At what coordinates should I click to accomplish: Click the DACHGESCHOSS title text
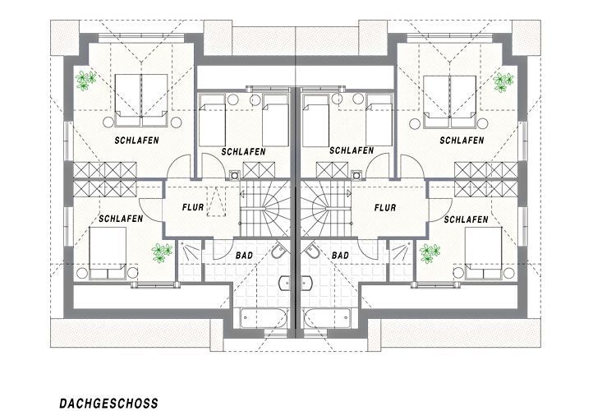[x=108, y=403]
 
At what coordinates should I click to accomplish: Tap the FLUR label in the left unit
[x=193, y=207]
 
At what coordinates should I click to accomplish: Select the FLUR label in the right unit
[x=385, y=207]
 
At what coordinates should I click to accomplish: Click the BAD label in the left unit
[x=245, y=256]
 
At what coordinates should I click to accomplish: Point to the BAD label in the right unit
[x=340, y=256]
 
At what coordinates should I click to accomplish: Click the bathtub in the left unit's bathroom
[x=263, y=318]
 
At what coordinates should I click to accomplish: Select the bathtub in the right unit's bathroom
[x=326, y=318]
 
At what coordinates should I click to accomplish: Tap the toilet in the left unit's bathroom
[x=280, y=252]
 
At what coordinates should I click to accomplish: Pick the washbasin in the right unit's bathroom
[x=307, y=283]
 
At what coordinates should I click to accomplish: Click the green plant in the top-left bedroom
[x=85, y=81]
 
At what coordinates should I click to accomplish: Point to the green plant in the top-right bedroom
[x=503, y=82]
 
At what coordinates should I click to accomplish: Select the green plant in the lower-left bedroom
[x=162, y=253]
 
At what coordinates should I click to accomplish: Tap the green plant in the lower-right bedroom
[x=430, y=253]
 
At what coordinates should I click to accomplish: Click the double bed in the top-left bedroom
[x=141, y=100]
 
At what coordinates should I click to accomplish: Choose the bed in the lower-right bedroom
[x=483, y=253]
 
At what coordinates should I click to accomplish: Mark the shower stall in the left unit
[x=190, y=260]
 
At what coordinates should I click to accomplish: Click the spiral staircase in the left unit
[x=265, y=209]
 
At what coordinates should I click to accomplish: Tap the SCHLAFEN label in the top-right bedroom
[x=462, y=140]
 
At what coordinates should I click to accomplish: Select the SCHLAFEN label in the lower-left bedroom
[x=121, y=219]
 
